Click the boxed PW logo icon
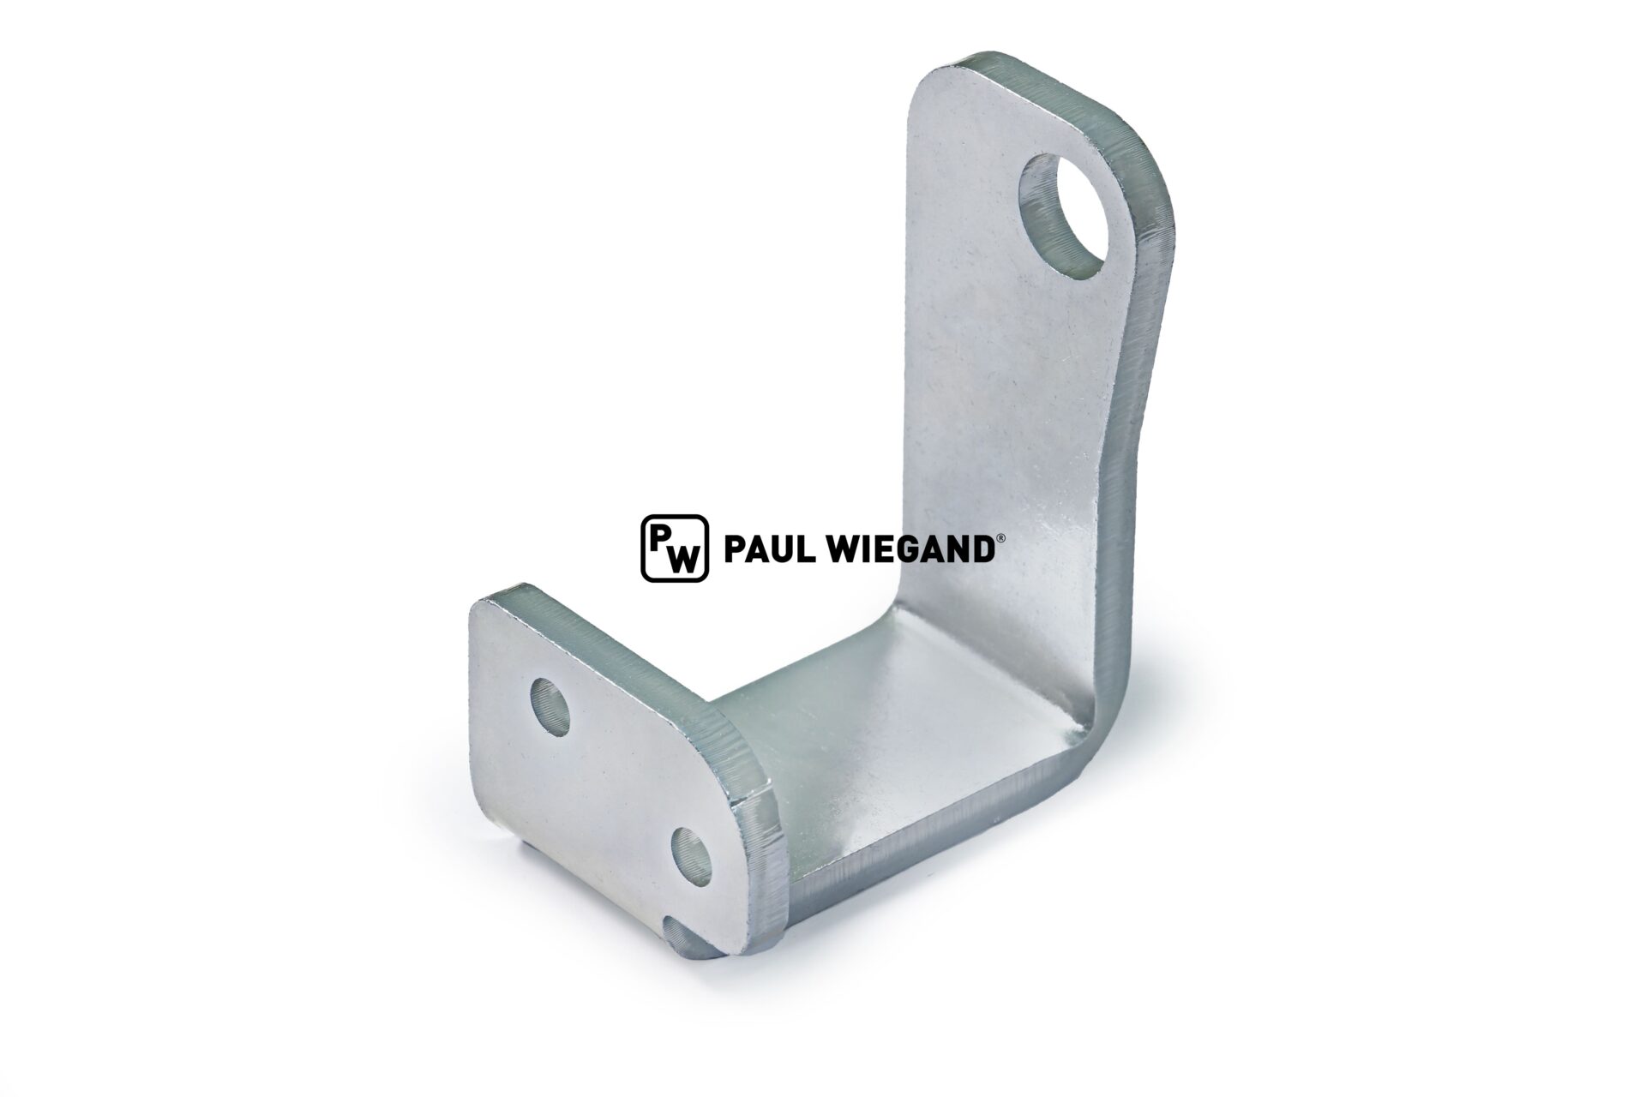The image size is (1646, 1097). [675, 548]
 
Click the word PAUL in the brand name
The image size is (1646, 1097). [763, 548]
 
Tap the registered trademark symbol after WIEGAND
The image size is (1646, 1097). [994, 538]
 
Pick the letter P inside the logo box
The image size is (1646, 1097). [661, 536]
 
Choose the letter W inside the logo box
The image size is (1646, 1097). [683, 559]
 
